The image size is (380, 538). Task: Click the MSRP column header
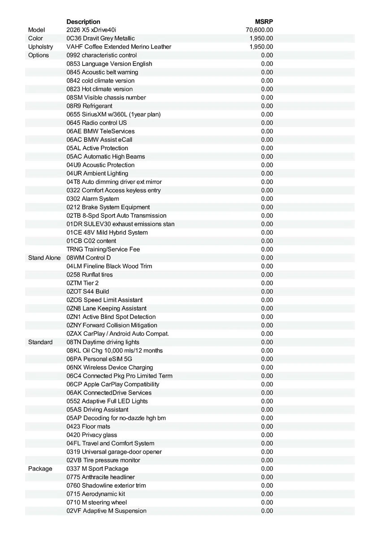[263, 22]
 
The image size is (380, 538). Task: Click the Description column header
[83, 22]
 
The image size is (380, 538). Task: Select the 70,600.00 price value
[259, 30]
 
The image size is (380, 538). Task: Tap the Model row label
[37, 30]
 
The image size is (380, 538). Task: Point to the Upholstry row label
[40, 47]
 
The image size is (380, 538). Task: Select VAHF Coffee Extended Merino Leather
[119, 47]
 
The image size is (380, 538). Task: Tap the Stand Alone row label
[44, 258]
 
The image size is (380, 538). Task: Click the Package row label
[40, 469]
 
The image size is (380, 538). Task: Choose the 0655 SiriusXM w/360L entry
[113, 114]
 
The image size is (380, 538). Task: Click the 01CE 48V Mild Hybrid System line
[107, 233]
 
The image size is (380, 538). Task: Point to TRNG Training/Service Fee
[106, 249]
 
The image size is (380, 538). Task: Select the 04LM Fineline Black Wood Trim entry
[109, 266]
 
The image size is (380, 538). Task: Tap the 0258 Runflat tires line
[90, 275]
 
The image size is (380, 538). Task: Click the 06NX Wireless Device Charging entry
[110, 368]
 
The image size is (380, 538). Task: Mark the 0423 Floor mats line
[88, 426]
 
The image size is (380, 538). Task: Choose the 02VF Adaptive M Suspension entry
[106, 511]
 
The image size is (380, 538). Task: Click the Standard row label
[40, 342]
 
